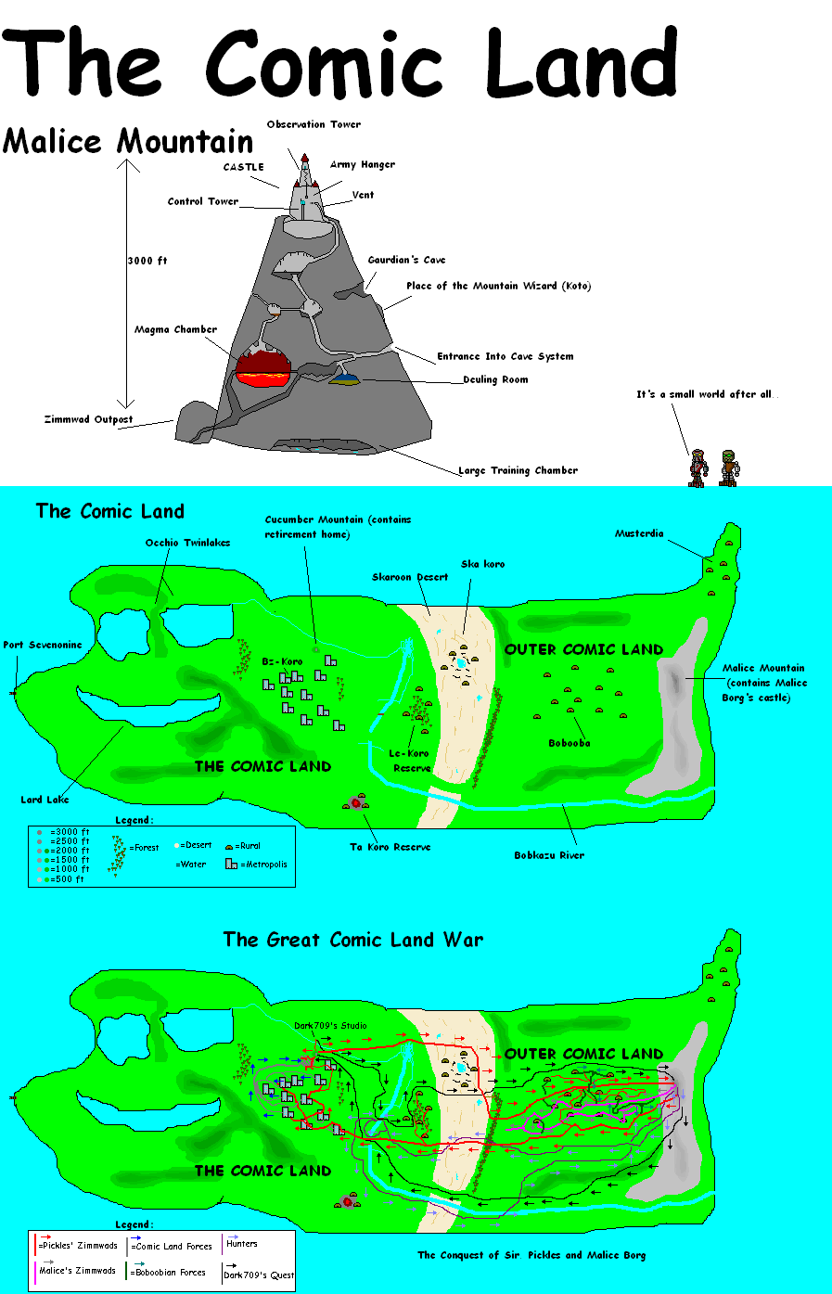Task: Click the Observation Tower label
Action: (314, 124)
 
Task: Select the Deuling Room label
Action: (495, 379)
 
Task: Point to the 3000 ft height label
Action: (147, 261)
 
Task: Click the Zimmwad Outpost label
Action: (88, 419)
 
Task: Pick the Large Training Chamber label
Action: (518, 470)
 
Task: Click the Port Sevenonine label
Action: (43, 645)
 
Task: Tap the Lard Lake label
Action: (45, 800)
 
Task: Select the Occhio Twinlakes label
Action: (187, 543)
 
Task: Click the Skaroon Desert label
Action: (410, 577)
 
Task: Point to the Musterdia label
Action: (639, 533)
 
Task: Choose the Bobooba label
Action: (570, 743)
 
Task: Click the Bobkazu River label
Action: (549, 855)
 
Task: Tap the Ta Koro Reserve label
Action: (390, 847)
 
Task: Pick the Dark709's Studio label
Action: (330, 1025)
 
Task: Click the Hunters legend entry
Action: (241, 1244)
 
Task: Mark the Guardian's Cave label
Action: (407, 260)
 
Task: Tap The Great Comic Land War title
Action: (353, 940)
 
